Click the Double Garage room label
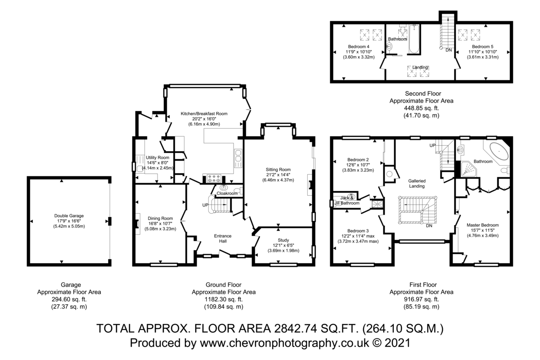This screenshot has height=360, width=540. click(69, 216)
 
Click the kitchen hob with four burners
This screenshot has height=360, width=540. click(214, 178)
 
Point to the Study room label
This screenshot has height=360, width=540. click(283, 240)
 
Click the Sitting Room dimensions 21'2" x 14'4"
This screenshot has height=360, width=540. click(278, 175)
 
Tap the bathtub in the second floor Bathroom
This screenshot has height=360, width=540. click(414, 39)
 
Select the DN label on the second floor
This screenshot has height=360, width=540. click(449, 50)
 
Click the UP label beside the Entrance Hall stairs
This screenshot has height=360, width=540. click(205, 205)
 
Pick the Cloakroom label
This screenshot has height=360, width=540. click(227, 193)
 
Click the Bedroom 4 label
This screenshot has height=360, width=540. click(359, 46)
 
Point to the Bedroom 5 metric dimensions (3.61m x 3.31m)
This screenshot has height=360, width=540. click(482, 57)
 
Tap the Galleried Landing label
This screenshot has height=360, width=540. click(417, 184)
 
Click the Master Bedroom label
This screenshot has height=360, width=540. click(482, 225)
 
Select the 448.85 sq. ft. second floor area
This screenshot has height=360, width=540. click(421, 108)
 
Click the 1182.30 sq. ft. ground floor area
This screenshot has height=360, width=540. click(224, 299)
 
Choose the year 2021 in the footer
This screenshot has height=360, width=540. click(397, 342)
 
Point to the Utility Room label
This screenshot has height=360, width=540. click(157, 157)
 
